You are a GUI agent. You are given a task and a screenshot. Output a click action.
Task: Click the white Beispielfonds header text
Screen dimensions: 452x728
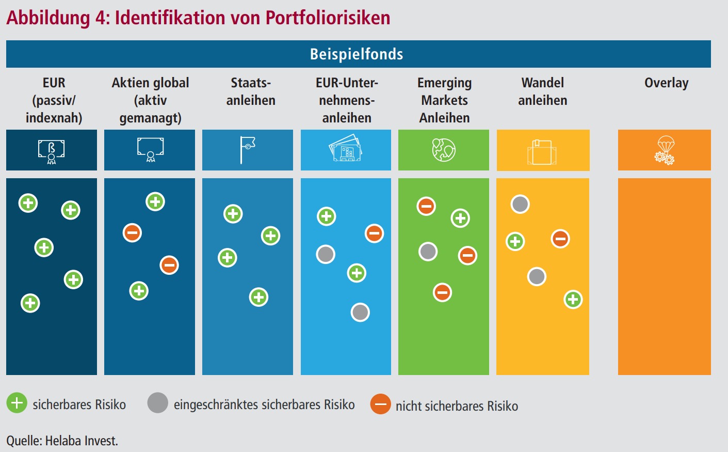pos(357,54)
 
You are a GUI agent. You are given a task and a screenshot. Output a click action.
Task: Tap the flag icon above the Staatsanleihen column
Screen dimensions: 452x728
pos(248,150)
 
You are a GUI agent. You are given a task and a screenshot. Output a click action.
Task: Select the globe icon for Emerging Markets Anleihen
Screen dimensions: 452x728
pos(444,150)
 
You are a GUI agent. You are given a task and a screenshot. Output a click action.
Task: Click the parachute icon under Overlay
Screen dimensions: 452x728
pos(665,150)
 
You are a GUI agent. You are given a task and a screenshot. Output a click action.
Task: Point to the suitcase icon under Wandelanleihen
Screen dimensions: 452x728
pos(542,152)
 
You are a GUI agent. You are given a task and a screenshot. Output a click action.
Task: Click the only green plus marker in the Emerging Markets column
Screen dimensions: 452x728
pos(460,218)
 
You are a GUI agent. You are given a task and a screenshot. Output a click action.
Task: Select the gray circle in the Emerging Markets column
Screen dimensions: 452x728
pos(428,252)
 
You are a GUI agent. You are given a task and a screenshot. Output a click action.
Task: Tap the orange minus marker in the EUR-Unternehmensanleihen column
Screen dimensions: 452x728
pos(374,233)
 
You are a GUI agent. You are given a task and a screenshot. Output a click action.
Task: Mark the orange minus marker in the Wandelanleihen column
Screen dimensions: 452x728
pos(560,239)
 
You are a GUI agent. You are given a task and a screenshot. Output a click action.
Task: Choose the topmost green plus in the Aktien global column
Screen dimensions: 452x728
pos(155,201)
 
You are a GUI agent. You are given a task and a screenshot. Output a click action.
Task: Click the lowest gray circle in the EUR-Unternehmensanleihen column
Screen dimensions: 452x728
pos(360,312)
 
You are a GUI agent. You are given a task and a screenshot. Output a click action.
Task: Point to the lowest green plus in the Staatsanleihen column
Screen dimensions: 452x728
pos(258,297)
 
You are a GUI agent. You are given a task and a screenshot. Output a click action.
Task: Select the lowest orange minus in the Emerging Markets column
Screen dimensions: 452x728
pos(442,292)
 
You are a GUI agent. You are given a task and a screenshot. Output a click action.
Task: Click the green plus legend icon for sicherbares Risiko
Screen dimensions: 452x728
pos(17,403)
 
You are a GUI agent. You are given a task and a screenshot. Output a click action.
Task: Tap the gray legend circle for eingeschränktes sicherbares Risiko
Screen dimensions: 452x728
pos(157,403)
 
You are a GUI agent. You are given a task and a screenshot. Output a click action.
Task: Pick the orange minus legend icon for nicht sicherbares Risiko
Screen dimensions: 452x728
pos(380,404)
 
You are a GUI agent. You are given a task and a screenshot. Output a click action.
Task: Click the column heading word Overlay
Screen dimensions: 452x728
pos(666,83)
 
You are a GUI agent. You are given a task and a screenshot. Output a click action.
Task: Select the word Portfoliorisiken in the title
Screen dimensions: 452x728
pos(328,18)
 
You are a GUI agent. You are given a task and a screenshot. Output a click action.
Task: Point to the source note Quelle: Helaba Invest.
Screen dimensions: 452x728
pos(62,441)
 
